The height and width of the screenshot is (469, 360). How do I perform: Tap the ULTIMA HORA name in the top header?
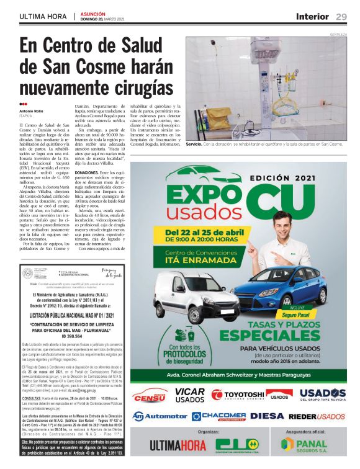43,17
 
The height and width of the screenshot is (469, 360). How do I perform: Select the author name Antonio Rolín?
33,111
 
